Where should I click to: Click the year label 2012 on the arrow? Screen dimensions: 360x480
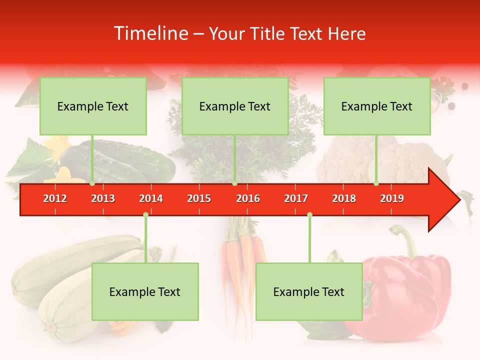[x=55, y=198]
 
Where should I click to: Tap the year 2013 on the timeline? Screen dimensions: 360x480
[x=103, y=198]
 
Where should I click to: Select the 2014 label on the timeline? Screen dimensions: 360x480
[x=151, y=198]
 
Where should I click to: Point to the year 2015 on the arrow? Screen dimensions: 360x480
[x=199, y=198]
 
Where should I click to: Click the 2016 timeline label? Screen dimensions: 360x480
[x=248, y=198]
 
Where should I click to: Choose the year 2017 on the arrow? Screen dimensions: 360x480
[x=296, y=198]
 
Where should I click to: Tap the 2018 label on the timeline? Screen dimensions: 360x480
[x=344, y=198]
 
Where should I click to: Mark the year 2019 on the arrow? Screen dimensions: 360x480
[x=392, y=198]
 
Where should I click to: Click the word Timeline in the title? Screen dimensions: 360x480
[x=150, y=33]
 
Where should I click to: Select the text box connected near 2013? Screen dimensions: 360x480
[x=93, y=106]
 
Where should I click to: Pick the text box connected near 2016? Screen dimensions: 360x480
[x=235, y=106]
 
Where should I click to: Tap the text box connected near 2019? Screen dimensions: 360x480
[x=377, y=106]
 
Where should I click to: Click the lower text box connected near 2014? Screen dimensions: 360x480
[x=145, y=291]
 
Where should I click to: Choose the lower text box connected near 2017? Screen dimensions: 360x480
[x=309, y=291]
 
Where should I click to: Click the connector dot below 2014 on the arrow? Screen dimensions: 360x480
[x=145, y=215]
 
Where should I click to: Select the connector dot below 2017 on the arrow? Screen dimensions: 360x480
[x=309, y=215]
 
